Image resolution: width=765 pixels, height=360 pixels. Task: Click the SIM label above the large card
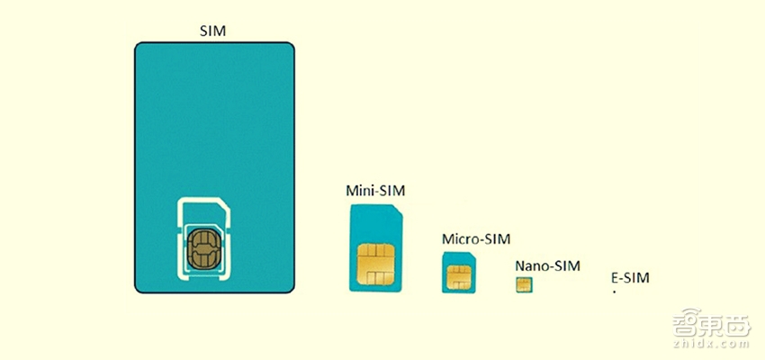213,31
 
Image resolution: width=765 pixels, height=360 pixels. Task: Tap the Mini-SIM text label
375,190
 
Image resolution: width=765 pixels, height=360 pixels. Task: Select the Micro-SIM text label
476,239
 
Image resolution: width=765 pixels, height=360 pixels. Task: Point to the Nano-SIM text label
547,265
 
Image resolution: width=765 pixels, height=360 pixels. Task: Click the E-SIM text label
630,278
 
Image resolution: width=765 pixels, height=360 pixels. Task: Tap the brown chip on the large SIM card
203,249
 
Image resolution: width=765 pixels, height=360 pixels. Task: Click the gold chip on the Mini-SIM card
375,265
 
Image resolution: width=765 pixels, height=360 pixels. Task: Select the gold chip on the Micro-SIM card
459,277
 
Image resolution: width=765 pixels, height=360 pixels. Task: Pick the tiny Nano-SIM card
524,285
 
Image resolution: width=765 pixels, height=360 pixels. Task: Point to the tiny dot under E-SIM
615,292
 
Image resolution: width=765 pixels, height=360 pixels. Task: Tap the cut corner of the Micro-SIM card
472,255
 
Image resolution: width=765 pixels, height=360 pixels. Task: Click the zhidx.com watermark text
711,344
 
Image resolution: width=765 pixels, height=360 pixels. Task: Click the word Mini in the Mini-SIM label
357,190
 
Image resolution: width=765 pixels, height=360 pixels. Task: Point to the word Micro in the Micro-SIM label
460,239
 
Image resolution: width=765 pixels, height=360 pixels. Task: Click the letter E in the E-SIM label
615,278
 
